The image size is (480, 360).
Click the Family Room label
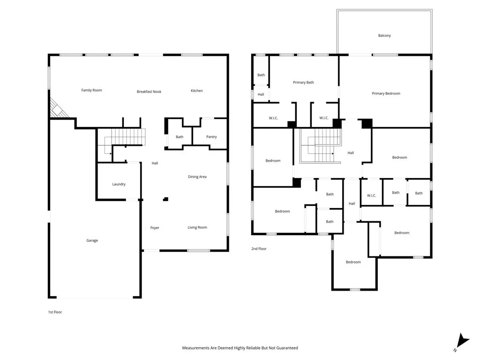coord(91,90)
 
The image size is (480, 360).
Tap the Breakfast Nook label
coord(149,91)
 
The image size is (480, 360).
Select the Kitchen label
coord(196,90)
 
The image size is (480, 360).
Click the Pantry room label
coord(211,137)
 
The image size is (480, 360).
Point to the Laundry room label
coord(119,184)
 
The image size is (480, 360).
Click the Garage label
coord(92,240)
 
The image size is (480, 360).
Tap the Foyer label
coord(155,228)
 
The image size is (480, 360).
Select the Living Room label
coord(197,227)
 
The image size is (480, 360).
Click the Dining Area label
coord(197,177)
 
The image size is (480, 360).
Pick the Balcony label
coord(384,36)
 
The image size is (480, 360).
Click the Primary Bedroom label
coord(386,94)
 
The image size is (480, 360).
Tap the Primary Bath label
coord(303,82)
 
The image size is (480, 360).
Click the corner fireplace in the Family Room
coord(58,108)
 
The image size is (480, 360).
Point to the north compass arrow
coord(462,341)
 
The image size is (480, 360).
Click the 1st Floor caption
coord(55,312)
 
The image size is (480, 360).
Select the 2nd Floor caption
coord(259,249)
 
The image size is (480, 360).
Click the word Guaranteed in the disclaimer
coord(287,348)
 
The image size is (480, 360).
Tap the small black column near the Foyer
coord(165,199)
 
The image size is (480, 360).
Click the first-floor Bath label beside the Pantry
coord(180,137)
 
